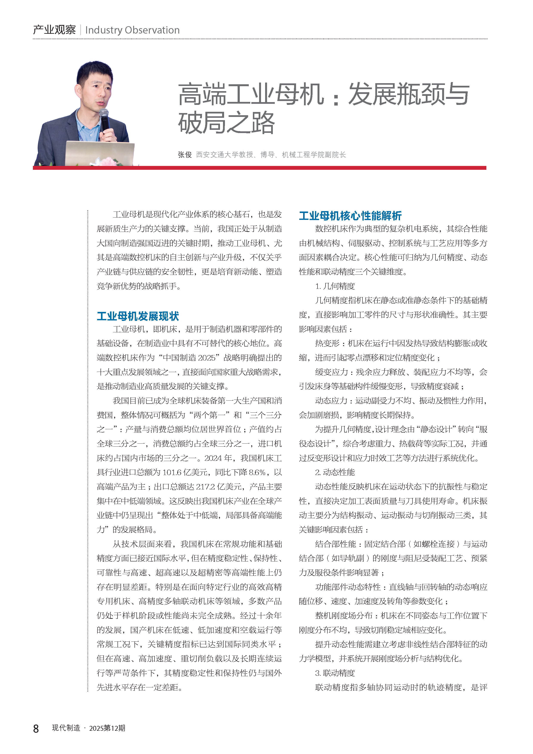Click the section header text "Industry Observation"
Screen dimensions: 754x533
point(132,30)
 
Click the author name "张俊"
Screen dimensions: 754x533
point(185,155)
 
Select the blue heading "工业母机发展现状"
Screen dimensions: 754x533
point(138,316)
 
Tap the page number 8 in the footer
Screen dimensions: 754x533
point(36,728)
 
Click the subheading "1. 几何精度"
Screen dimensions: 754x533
point(335,286)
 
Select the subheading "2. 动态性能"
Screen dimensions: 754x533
point(335,472)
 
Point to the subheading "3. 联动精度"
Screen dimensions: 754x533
point(335,673)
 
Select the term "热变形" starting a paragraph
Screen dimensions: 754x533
point(327,343)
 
